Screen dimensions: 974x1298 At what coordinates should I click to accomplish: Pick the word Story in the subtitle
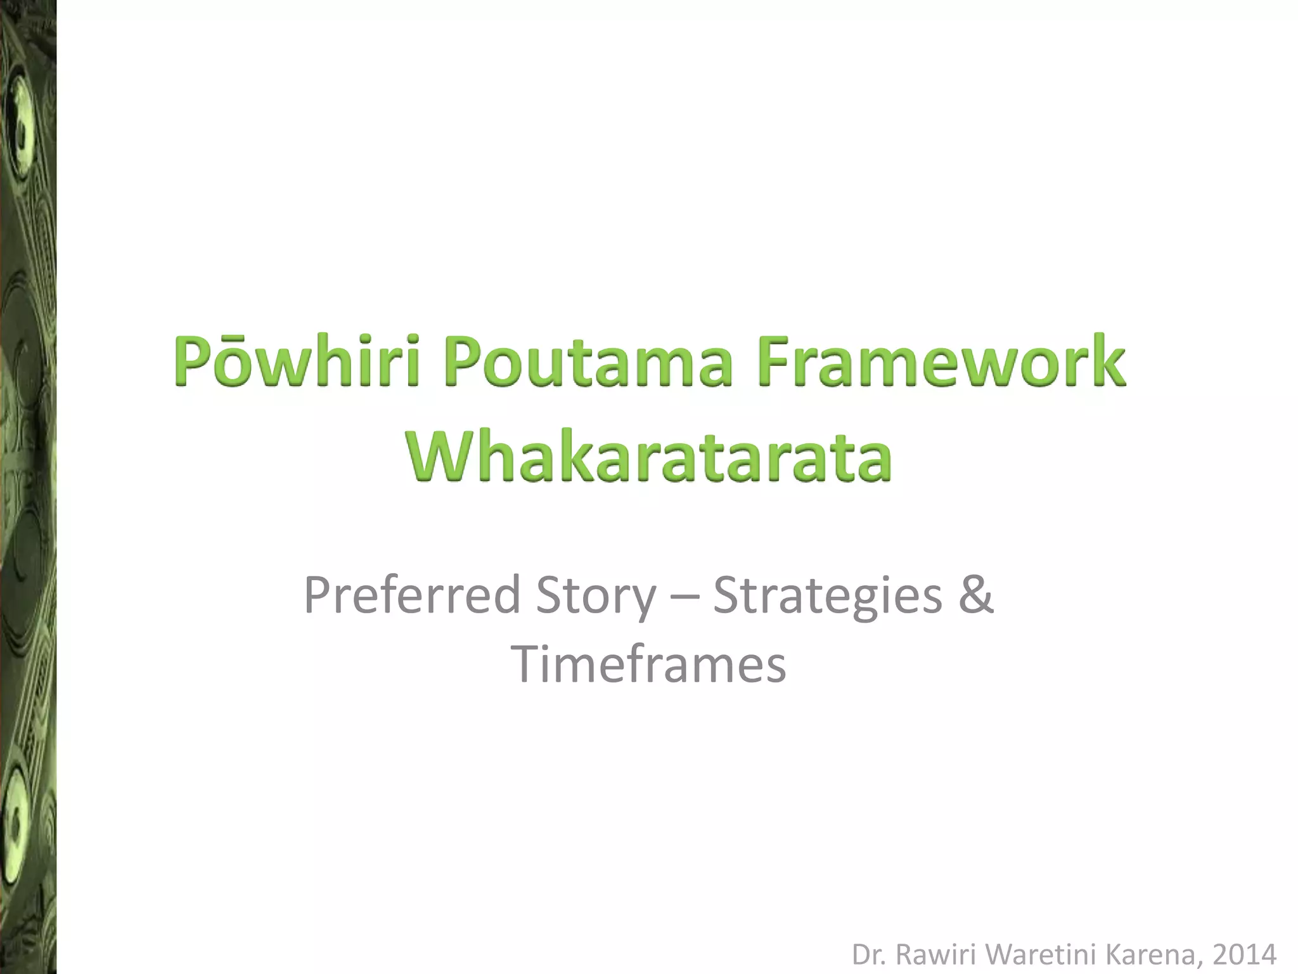point(595,596)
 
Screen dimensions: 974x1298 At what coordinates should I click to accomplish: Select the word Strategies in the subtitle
point(828,596)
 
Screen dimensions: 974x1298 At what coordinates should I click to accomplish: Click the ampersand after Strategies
point(975,596)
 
